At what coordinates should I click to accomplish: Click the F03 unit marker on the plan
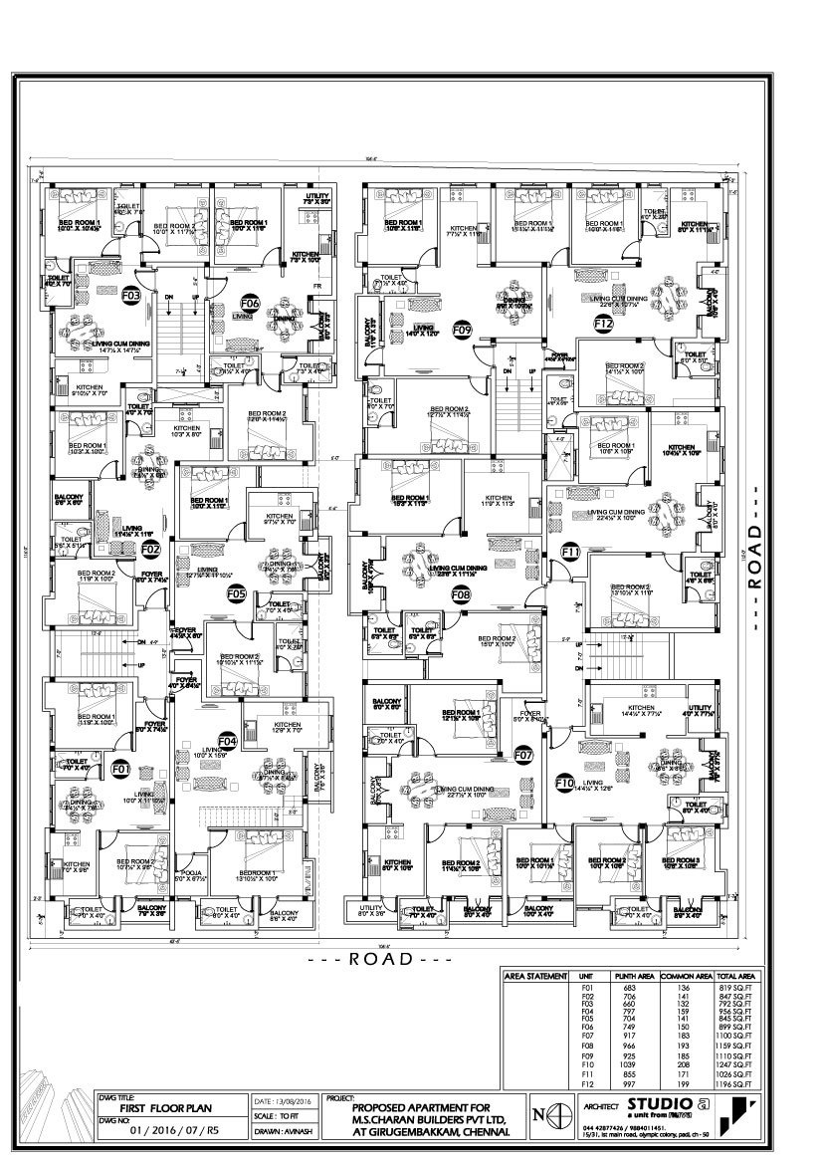[130, 296]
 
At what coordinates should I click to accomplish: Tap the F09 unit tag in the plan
[462, 328]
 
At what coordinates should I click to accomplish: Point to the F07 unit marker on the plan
[524, 755]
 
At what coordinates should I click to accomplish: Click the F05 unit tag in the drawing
[236, 594]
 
